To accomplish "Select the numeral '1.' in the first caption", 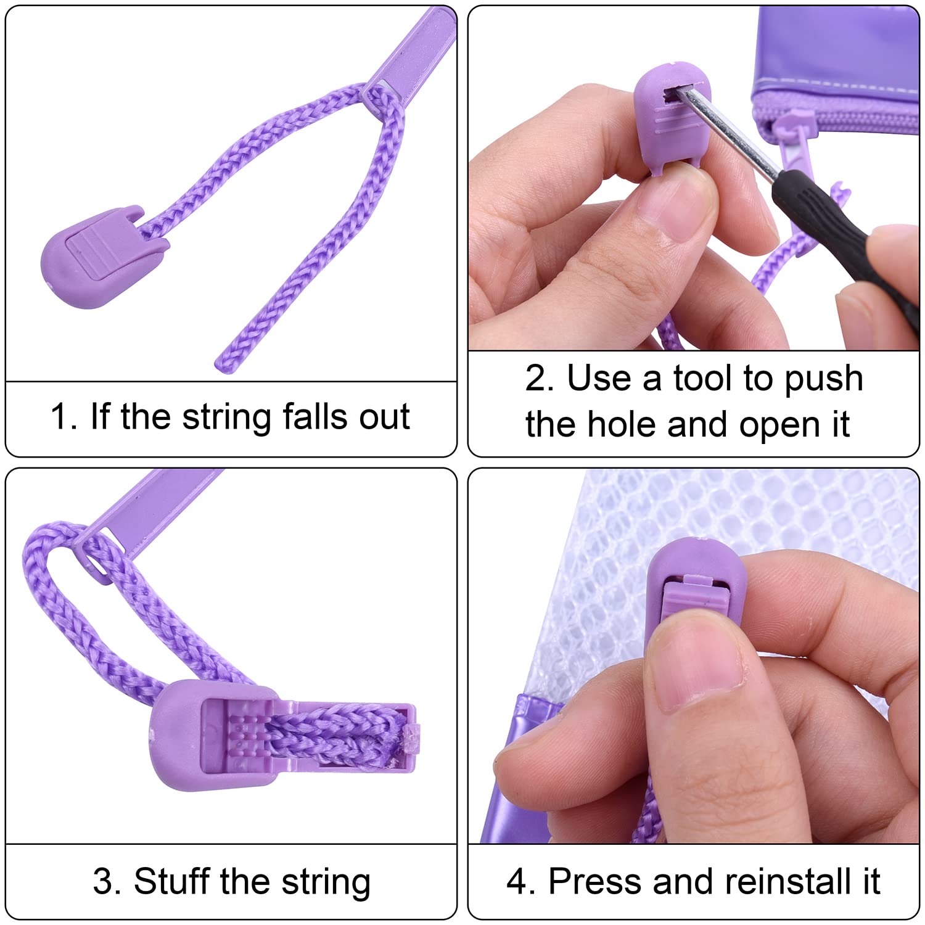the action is point(65,416).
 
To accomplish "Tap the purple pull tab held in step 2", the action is point(673,117).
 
